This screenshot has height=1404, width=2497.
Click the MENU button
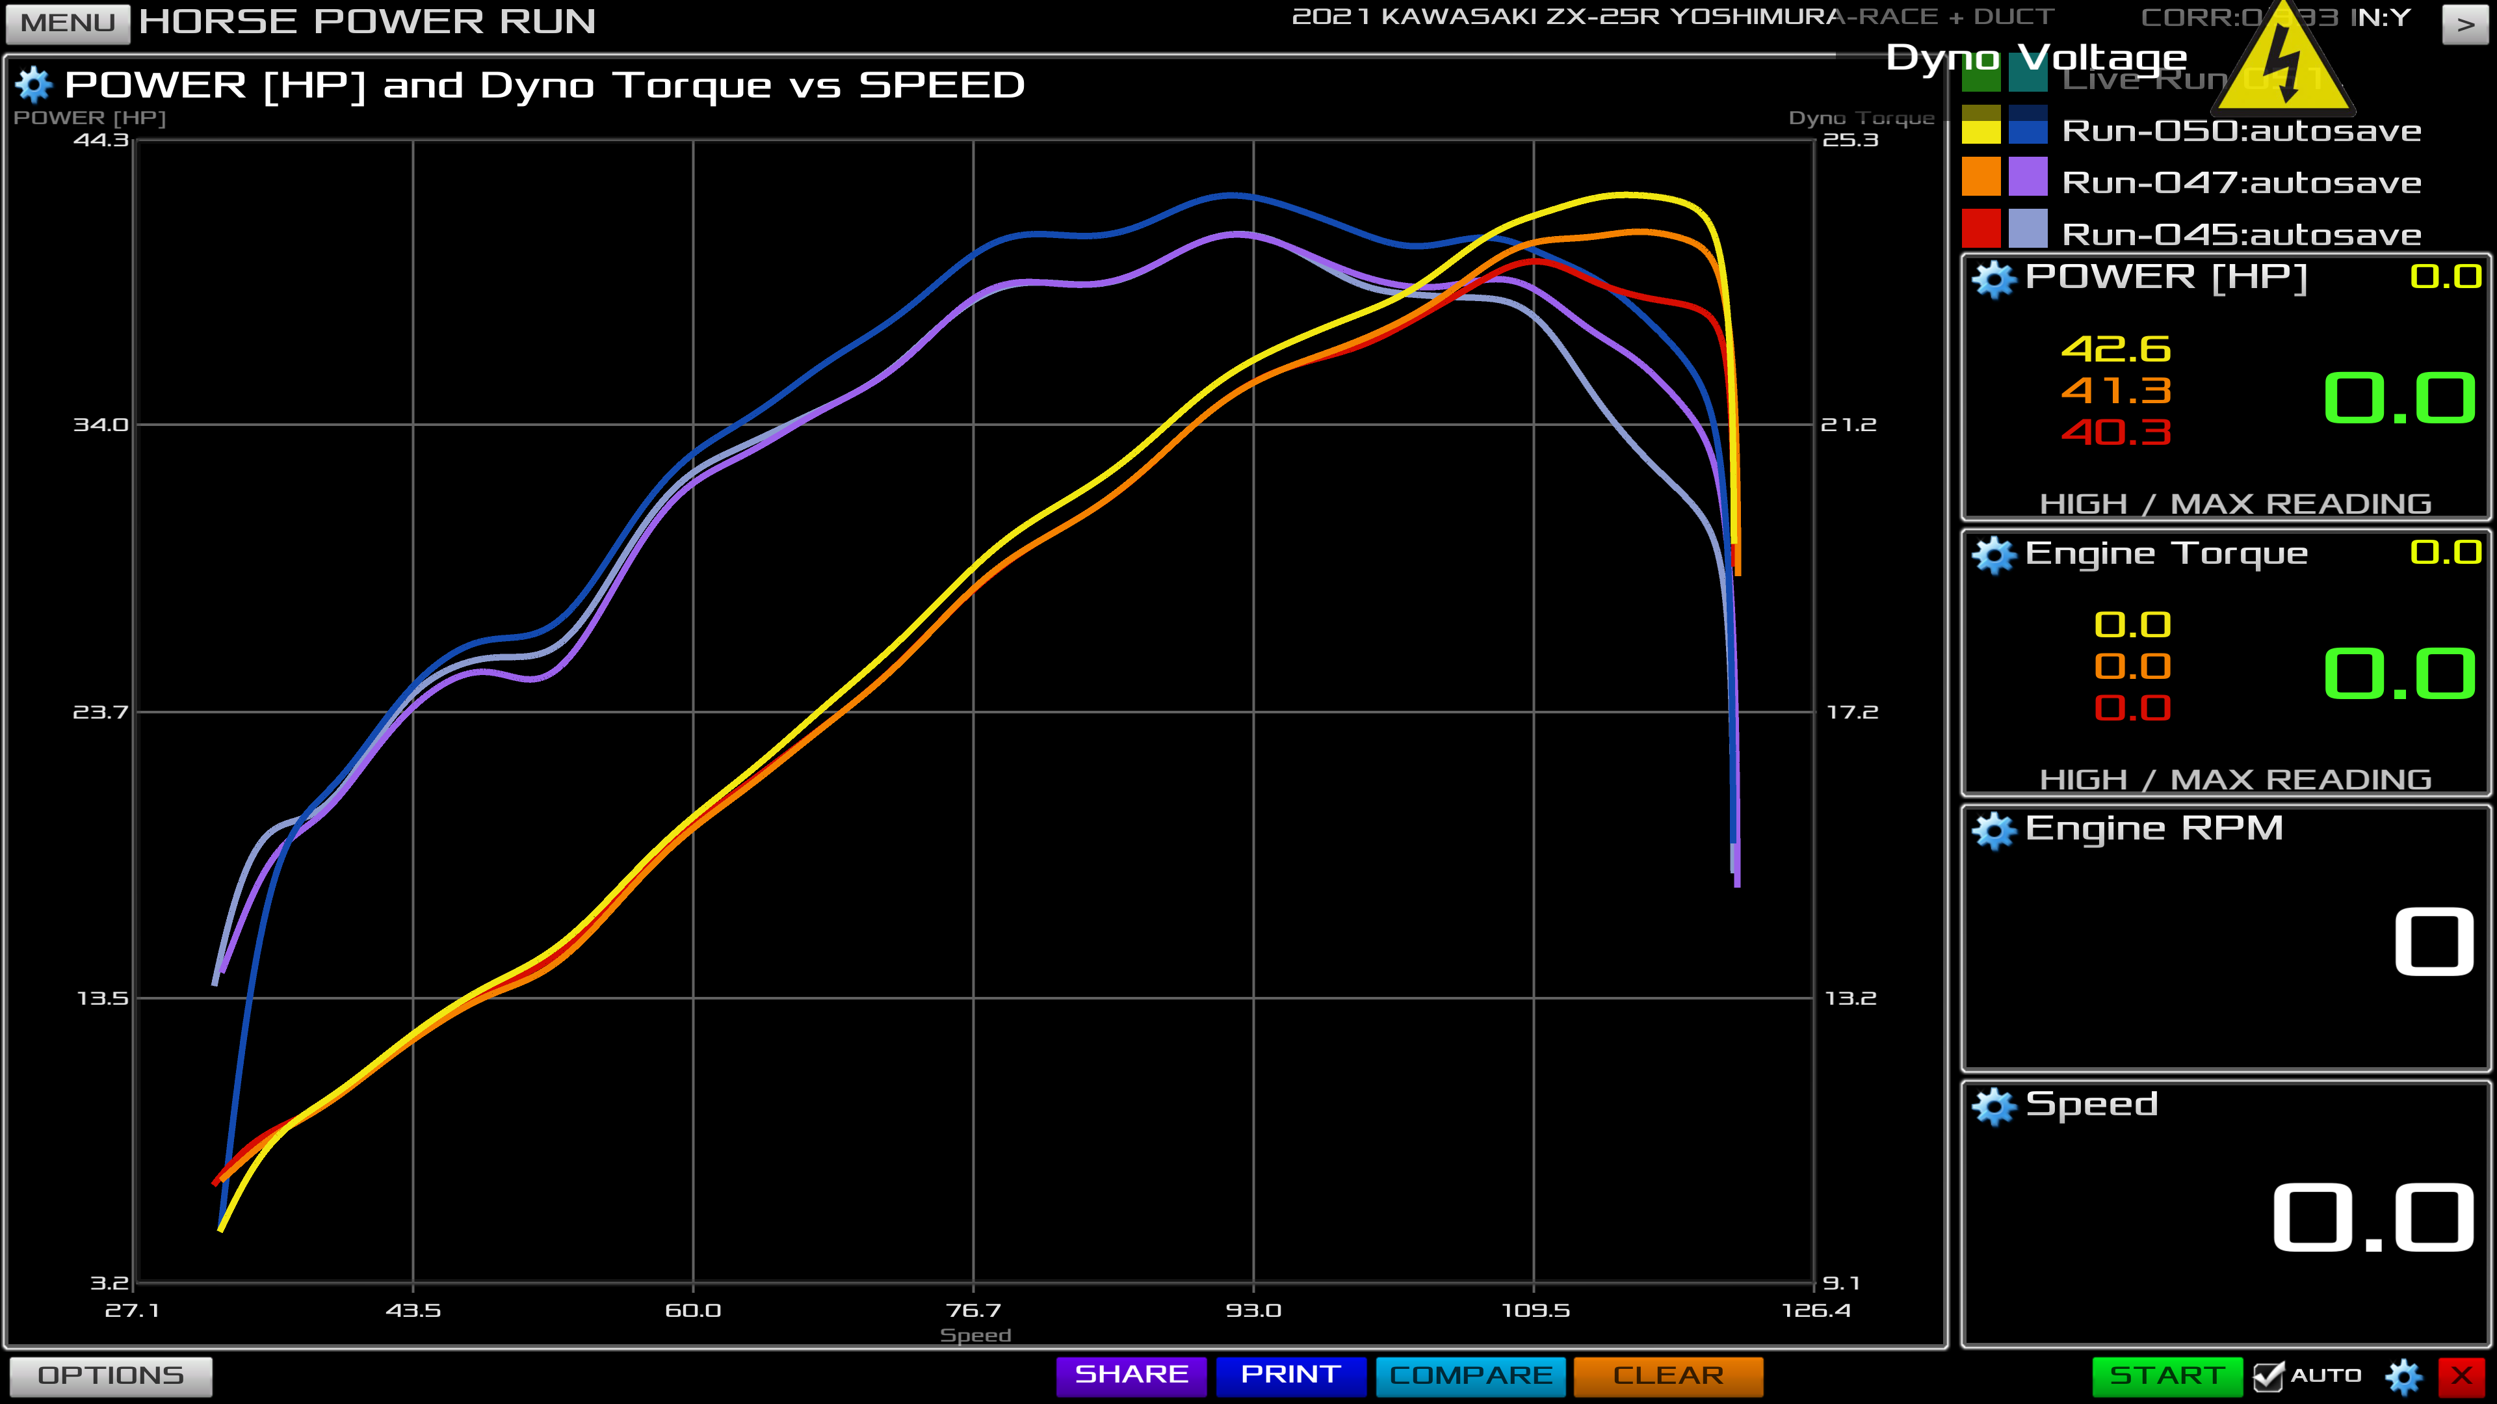[67, 22]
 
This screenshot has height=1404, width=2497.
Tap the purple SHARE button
[1131, 1375]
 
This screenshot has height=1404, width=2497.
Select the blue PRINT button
[1290, 1375]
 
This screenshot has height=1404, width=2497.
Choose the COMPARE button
[1471, 1375]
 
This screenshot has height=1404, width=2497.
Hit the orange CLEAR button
[1667, 1375]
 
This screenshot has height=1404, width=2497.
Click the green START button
[2167, 1375]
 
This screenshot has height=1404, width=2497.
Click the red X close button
[2461, 1375]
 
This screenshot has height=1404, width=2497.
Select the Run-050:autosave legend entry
[2241, 131]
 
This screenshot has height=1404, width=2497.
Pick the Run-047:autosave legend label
[2241, 182]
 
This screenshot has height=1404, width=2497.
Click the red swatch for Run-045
[1980, 229]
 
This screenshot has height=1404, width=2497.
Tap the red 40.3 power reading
[2116, 432]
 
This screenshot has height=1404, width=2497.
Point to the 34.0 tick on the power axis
[101, 425]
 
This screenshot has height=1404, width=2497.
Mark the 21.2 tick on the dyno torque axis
[1848, 425]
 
